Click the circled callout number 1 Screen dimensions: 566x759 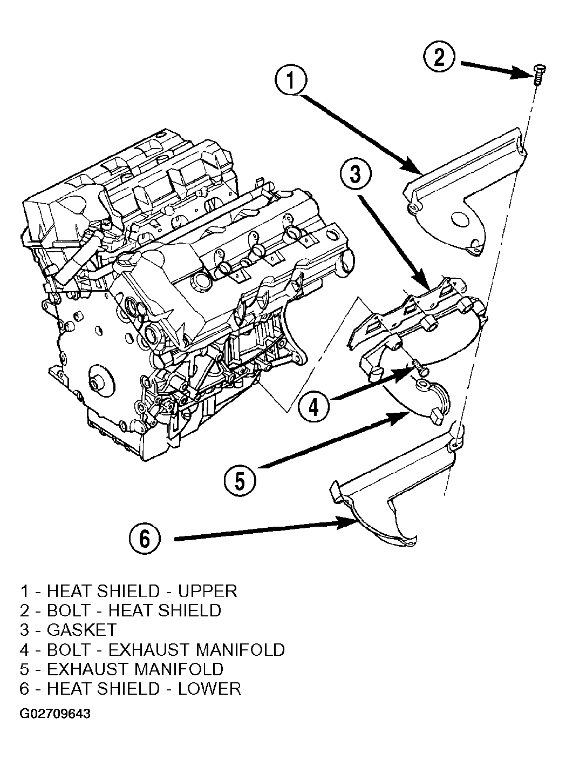[x=291, y=80]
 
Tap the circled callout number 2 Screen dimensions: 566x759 [x=439, y=57]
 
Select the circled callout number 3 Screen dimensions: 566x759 [x=356, y=174]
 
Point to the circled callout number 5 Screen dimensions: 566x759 [x=240, y=480]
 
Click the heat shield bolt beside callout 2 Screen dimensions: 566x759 [x=538, y=75]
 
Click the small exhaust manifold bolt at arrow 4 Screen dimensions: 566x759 [x=420, y=367]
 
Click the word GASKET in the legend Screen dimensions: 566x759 [x=82, y=630]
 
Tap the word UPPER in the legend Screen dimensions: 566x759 [x=208, y=591]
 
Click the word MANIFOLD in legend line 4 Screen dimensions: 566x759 [x=240, y=649]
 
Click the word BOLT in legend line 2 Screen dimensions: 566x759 [x=68, y=610]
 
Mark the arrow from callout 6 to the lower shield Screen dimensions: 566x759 [x=266, y=531]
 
